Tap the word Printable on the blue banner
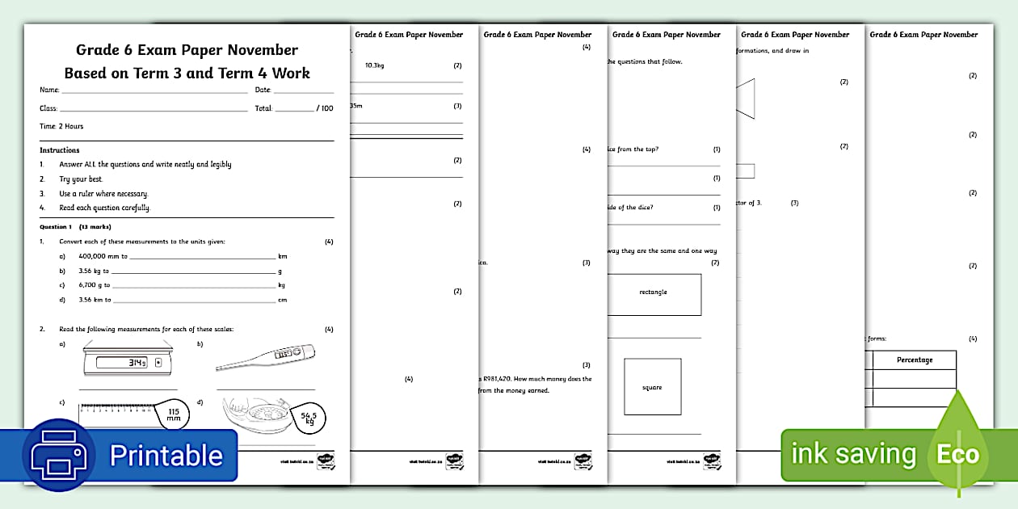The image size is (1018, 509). tap(166, 456)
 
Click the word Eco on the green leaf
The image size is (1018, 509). tap(957, 454)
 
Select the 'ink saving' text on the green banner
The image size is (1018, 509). tap(852, 454)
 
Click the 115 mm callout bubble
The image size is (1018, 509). tap(173, 414)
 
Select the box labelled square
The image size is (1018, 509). tap(652, 387)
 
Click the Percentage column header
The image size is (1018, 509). tap(914, 360)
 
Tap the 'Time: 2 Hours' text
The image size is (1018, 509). tap(61, 126)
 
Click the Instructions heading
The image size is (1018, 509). tap(60, 150)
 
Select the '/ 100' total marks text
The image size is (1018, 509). tap(324, 108)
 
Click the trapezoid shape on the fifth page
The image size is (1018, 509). tap(745, 98)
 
